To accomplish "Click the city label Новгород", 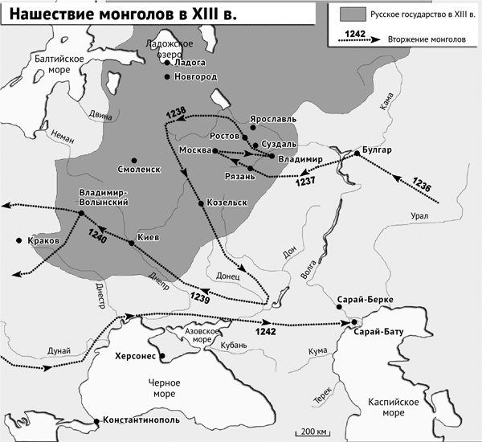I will [x=196, y=77].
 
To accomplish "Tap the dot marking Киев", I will [x=132, y=244].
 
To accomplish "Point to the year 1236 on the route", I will [x=423, y=184].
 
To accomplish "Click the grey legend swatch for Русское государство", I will [x=351, y=14].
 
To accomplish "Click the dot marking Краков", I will [x=18, y=241].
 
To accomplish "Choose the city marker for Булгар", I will [x=356, y=153].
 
